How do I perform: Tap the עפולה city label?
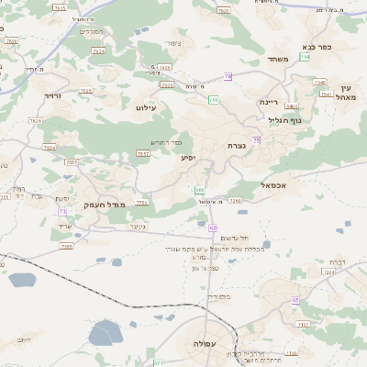pyautogui.click(x=205, y=343)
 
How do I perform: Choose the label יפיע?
pyautogui.click(x=187, y=158)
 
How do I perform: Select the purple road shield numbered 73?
pyautogui.click(x=61, y=211)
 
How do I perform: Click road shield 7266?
pyautogui.click(x=235, y=200)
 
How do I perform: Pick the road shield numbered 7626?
pyautogui.click(x=36, y=120)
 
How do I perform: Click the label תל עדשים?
pyautogui.click(x=210, y=238)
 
